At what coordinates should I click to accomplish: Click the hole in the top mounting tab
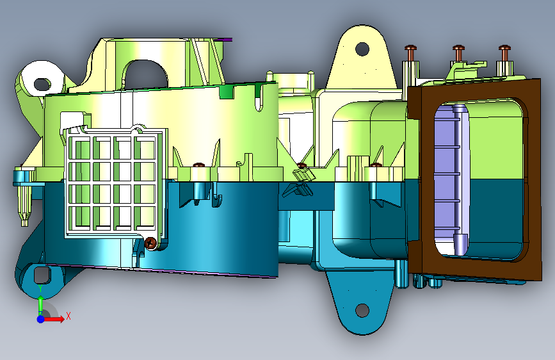point(362,49)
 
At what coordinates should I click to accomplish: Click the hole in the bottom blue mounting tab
point(362,311)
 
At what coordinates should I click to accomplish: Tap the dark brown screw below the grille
point(151,243)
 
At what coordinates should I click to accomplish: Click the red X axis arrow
point(54,319)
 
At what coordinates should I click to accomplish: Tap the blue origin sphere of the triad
point(41,319)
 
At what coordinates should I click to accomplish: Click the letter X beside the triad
point(68,316)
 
